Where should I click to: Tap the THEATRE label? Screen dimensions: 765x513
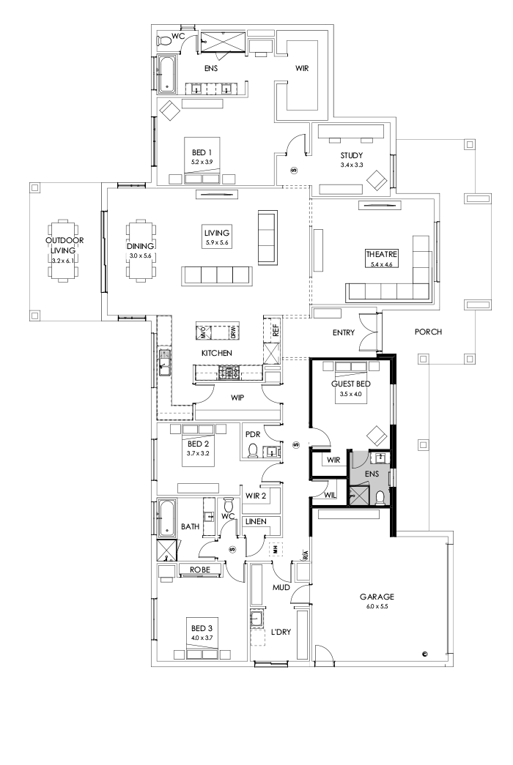(380, 255)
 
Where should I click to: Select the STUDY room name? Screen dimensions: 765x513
(351, 154)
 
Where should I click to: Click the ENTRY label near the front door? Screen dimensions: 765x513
(343, 332)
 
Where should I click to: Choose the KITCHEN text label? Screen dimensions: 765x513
(217, 353)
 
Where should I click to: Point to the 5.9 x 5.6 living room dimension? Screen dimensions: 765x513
(217, 243)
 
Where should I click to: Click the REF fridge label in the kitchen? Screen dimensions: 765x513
(276, 330)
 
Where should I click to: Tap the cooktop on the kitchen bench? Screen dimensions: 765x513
(228, 373)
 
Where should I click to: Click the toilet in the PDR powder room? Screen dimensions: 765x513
(254, 449)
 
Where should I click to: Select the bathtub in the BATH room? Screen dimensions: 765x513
(166, 518)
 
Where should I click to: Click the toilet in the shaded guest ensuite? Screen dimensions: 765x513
(379, 498)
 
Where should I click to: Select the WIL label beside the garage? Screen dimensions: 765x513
(330, 496)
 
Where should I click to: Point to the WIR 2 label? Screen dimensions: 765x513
(255, 496)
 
